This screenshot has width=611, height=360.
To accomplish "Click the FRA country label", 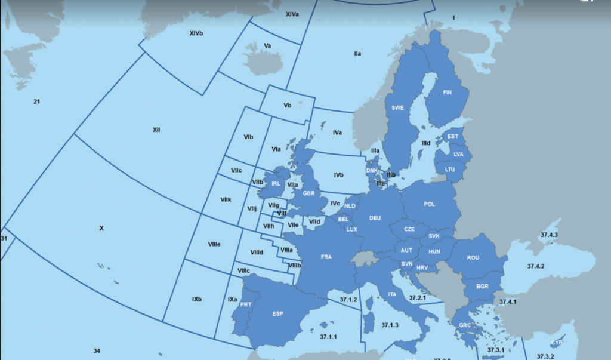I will [326, 257].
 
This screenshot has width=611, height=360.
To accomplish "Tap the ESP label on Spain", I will [277, 313].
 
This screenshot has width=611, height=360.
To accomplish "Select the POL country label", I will [430, 204].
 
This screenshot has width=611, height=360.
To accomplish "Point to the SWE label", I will [397, 108].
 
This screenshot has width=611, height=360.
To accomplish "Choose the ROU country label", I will [473, 258].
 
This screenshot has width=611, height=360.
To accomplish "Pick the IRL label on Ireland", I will [276, 184].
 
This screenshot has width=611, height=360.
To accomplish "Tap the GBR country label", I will [309, 193].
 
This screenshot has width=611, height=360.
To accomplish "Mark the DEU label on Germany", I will [375, 218].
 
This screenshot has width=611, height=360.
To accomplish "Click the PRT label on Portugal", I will [245, 304].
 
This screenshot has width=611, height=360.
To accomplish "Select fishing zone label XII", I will [156, 130].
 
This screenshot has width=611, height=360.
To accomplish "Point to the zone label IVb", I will [338, 175].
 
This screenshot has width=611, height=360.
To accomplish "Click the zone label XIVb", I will [196, 33].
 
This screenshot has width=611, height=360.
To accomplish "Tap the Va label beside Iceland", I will [268, 45].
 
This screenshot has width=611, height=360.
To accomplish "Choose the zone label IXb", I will [197, 299].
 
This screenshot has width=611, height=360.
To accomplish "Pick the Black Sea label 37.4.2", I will [535, 266].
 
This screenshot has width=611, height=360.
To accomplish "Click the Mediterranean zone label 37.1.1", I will [328, 337].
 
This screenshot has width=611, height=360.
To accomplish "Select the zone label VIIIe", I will [214, 244].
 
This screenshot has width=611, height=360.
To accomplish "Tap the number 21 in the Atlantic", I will [36, 102].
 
